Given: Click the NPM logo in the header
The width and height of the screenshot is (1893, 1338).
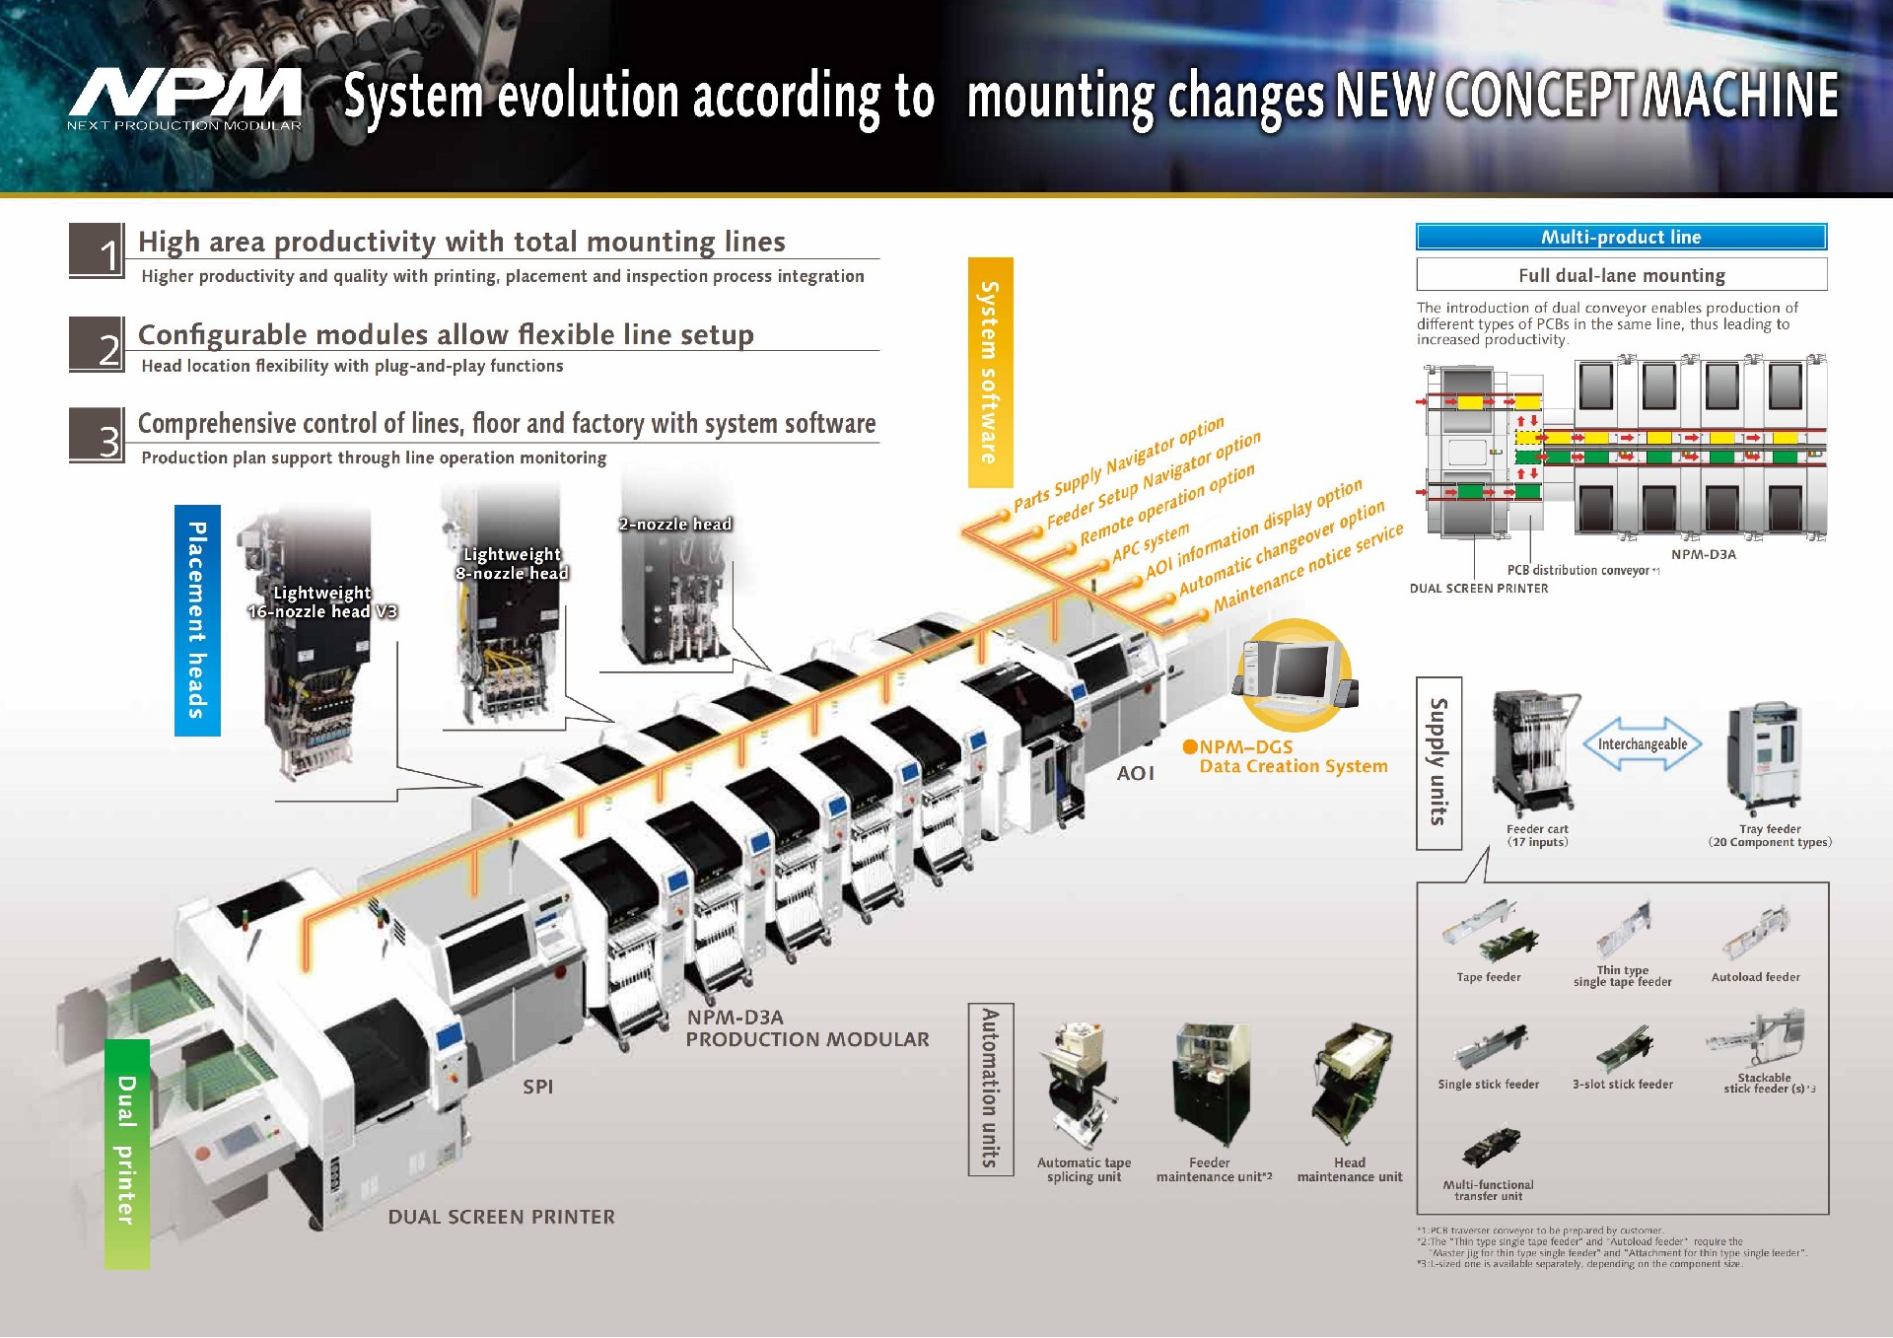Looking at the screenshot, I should (185, 97).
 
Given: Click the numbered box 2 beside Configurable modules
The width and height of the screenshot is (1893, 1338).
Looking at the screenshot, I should (97, 345).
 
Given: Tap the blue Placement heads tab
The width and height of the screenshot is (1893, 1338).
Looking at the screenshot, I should (197, 620).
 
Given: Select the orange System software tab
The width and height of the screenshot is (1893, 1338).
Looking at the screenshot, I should (990, 373).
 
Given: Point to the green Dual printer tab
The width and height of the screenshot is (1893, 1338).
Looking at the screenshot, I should (127, 1153).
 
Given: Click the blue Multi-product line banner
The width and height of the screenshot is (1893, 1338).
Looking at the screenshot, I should (1621, 237).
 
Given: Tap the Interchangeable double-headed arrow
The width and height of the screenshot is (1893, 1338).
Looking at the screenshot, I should (1642, 744).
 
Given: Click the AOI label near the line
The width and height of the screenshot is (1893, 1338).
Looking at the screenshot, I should (1135, 774).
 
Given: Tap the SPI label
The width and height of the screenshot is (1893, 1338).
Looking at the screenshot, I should (537, 1087).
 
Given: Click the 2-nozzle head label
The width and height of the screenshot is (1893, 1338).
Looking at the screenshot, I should (675, 525).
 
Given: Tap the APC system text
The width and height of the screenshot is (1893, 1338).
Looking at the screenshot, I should (1151, 543).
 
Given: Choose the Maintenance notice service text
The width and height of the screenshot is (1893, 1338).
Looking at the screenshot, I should (1307, 567).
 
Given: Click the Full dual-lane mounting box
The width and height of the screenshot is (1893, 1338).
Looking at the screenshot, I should (1621, 275).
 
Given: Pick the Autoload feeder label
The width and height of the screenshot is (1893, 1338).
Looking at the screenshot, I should (1755, 977).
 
